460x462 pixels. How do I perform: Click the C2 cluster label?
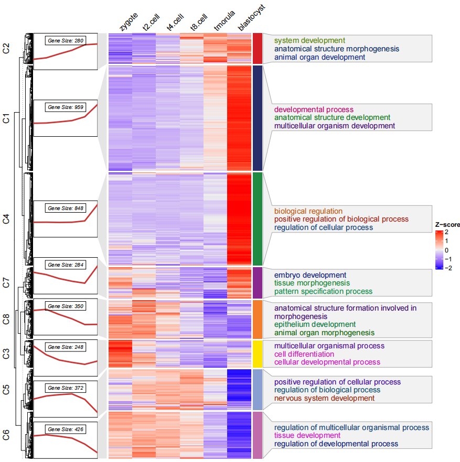[x=6, y=49]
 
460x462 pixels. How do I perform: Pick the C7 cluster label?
[x=6, y=283]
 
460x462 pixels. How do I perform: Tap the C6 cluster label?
[x=6, y=434]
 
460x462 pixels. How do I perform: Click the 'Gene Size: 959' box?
[x=66, y=107]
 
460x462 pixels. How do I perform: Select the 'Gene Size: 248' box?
[x=66, y=347]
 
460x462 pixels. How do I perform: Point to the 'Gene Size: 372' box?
[x=66, y=388]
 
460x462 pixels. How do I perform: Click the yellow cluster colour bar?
[x=258, y=353]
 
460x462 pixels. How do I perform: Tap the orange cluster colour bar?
[x=258, y=319]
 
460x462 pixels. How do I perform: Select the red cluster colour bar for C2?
[x=258, y=48]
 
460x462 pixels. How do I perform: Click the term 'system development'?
[x=309, y=40]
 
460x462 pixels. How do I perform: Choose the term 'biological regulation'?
[x=308, y=211]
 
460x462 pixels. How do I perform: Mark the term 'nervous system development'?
[x=324, y=398]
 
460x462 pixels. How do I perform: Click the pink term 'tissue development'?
[x=307, y=435]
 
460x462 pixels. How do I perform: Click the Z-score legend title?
[x=447, y=225]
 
